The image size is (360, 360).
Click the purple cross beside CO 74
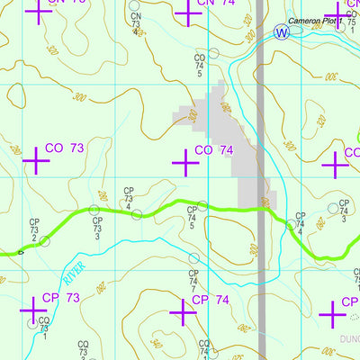[x=185, y=163]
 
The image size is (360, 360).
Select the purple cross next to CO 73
[x=35, y=161]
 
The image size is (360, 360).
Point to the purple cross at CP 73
[x=33, y=310]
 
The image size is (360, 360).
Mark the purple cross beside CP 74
[x=183, y=312]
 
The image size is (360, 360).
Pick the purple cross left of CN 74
[x=186, y=13]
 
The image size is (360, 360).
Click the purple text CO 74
[x=214, y=150]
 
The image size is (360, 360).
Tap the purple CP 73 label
[x=62, y=298]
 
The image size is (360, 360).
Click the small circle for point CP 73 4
[x=138, y=214]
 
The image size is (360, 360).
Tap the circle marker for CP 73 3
[x=94, y=211]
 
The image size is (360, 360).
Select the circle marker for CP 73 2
[x=44, y=240]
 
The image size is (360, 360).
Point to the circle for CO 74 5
[x=213, y=54]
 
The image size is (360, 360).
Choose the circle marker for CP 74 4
[x=290, y=224]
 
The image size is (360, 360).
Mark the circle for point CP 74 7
[x=193, y=258]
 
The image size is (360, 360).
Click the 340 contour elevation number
[x=154, y=344]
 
